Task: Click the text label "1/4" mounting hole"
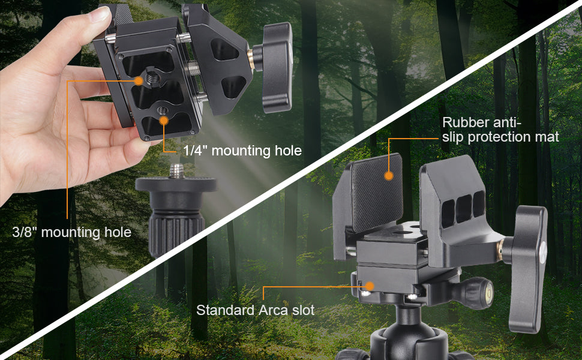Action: tap(242, 151)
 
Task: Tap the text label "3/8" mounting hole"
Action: tap(72, 232)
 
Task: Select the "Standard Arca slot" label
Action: tap(256, 310)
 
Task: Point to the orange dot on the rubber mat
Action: tap(389, 176)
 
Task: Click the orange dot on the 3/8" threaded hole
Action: tap(139, 80)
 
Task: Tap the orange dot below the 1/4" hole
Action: tap(164, 120)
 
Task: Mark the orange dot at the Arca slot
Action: tap(370, 286)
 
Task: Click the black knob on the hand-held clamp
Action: tap(276, 67)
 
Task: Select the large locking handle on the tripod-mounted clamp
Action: tap(527, 267)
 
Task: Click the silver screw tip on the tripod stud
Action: tap(176, 171)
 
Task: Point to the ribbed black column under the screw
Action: tap(176, 230)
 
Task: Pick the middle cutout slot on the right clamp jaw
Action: tap(464, 209)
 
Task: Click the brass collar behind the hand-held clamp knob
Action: tap(251, 60)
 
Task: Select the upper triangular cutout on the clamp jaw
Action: tap(224, 49)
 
